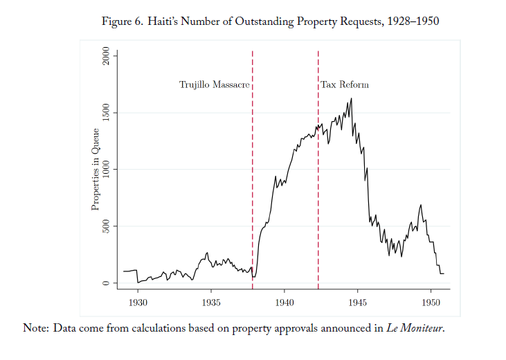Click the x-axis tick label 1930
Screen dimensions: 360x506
click(138, 303)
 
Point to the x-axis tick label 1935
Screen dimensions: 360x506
click(211, 303)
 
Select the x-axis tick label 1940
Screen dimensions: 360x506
click(284, 303)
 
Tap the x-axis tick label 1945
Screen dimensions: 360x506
click(358, 303)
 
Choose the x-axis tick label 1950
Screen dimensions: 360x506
click(431, 303)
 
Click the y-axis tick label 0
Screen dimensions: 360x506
click(106, 283)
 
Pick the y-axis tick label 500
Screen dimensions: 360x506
click(106, 226)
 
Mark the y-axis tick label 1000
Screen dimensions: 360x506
click(106, 170)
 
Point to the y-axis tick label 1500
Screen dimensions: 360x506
click(106, 113)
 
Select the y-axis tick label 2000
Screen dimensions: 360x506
click(106, 56)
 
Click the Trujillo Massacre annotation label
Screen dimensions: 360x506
click(214, 85)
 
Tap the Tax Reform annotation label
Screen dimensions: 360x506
click(345, 85)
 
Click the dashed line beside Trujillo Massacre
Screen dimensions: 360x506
click(253, 173)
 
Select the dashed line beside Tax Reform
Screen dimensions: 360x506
click(318, 173)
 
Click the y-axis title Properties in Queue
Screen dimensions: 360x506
click(96, 170)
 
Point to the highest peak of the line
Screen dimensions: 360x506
click(352, 98)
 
